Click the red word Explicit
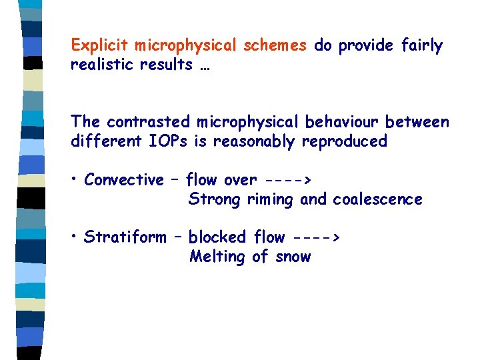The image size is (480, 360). click(100, 46)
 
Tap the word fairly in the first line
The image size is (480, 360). click(423, 46)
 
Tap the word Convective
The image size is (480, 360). click(124, 180)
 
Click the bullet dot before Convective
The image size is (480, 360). click(76, 180)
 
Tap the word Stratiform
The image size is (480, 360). click(125, 237)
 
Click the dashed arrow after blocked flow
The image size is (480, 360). click(316, 237)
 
